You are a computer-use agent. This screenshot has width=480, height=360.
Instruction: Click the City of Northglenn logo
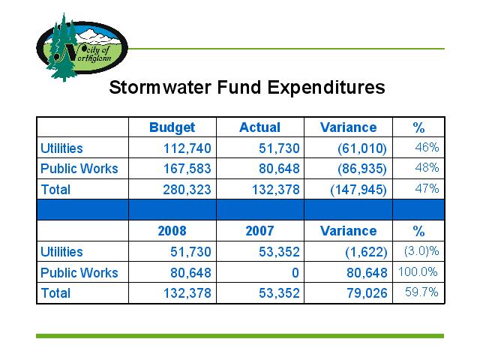coord(82,47)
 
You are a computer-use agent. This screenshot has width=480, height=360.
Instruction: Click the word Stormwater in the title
coord(160,87)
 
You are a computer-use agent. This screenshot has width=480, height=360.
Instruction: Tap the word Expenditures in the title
coord(326,88)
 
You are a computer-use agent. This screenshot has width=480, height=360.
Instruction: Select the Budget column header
coord(172,127)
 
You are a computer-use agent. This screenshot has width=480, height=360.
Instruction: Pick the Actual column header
coord(260,127)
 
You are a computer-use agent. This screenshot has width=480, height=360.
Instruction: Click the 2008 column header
coord(172,231)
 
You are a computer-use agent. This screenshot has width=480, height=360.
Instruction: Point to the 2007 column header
coord(260,231)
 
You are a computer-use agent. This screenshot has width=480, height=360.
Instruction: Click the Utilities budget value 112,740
coord(187,148)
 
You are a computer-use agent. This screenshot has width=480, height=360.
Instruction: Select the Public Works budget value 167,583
coord(187,169)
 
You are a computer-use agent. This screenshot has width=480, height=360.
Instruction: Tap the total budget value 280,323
coord(187,190)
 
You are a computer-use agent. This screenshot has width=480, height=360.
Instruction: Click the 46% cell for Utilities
coord(427,148)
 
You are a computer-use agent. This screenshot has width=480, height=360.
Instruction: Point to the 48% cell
coord(427,168)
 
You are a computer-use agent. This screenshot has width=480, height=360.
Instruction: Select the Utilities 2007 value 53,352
coord(279,252)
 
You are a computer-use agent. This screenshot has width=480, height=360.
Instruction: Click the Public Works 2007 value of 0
coord(295,273)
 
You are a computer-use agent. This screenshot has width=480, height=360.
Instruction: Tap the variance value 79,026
coord(367,293)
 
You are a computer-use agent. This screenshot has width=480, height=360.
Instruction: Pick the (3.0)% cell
coord(421,251)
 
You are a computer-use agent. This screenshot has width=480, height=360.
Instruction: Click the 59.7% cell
coord(421,292)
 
